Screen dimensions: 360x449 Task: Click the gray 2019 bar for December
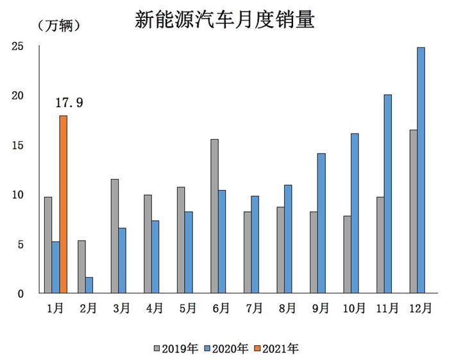coord(413,211)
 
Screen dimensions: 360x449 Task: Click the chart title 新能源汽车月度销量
coord(224,19)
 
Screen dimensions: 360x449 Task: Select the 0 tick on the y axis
coord(20,294)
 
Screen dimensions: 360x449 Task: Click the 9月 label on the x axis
coord(320,309)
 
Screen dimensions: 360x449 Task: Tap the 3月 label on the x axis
coord(121,309)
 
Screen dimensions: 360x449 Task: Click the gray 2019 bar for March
coord(114,236)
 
